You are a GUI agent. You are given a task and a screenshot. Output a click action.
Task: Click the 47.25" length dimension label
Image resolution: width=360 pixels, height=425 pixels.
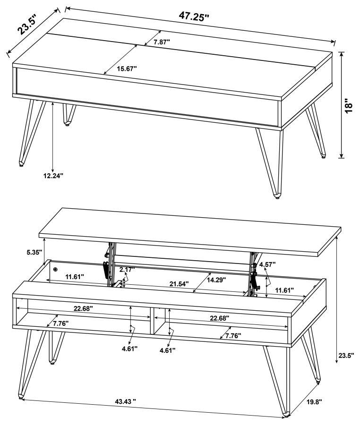[x=194, y=17]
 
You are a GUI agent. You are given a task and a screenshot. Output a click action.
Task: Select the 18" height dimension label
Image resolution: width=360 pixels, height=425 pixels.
[x=349, y=105]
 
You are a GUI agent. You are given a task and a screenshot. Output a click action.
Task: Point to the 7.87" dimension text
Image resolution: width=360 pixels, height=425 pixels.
[x=162, y=42]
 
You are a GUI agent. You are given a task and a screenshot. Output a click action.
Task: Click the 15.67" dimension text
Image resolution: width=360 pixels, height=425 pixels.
[x=127, y=68]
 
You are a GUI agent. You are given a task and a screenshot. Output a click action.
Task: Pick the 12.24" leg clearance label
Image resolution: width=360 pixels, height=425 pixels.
[x=53, y=176]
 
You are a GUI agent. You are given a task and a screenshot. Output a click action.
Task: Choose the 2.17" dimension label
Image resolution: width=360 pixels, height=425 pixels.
[x=127, y=270]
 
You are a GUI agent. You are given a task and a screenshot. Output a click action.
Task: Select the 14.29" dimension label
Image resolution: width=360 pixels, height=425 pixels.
[x=215, y=280]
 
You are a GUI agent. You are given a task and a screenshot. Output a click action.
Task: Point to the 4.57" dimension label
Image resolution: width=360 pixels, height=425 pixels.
[x=267, y=264]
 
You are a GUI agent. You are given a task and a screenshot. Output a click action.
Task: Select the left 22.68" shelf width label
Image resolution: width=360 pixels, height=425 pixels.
[x=83, y=308]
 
